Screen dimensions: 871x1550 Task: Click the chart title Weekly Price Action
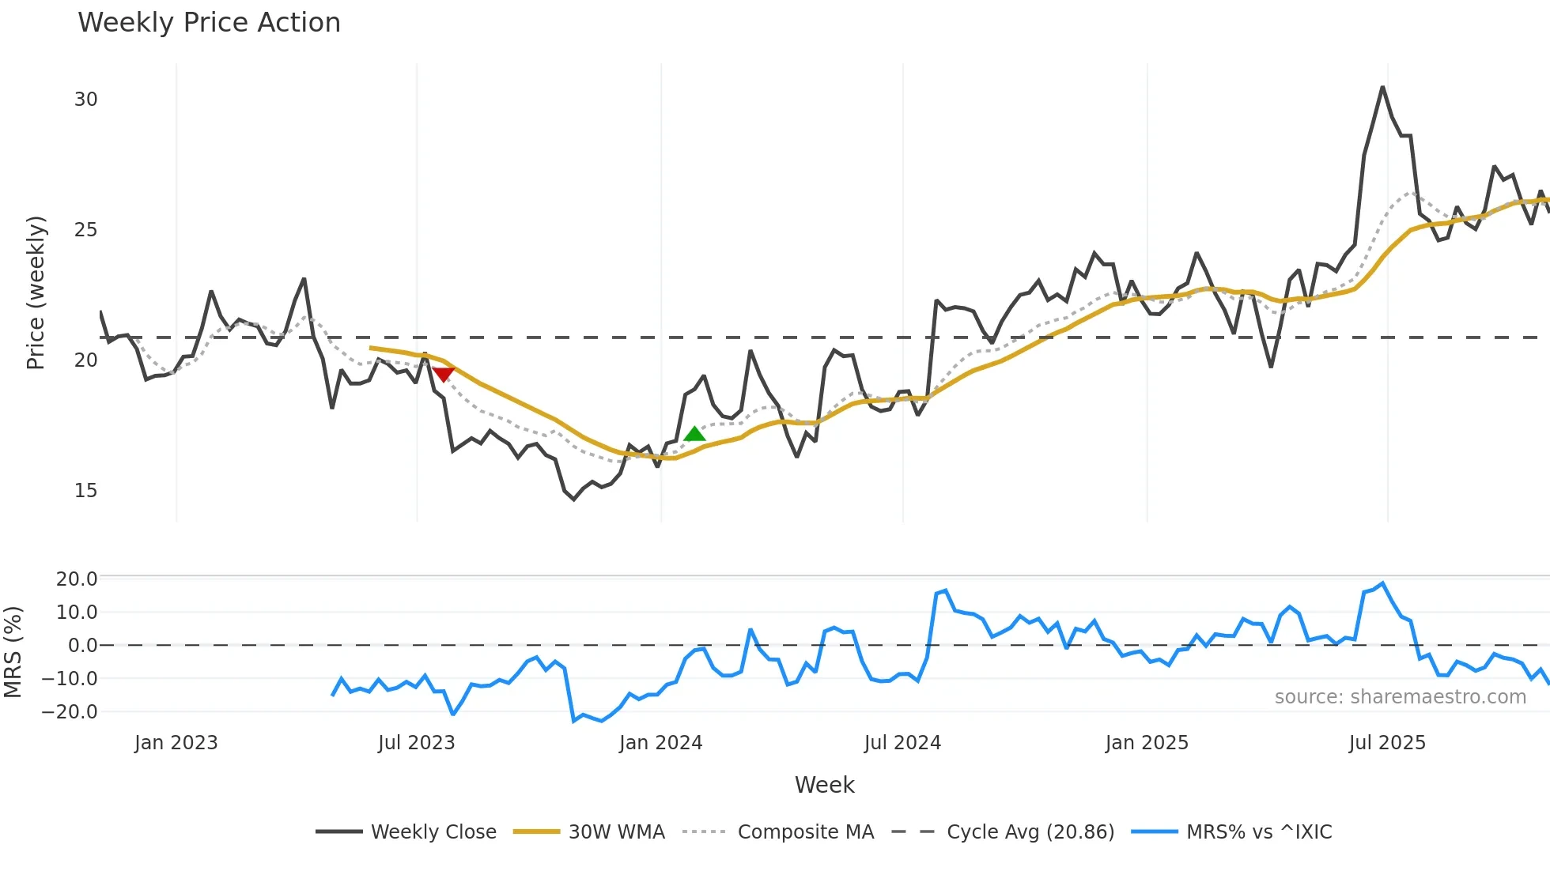209,23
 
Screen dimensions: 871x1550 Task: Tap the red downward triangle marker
443,373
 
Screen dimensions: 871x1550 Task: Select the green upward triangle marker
694,434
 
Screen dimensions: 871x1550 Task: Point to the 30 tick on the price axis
85,100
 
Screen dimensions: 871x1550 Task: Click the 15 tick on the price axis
85,491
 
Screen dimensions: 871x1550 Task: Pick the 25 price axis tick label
85,230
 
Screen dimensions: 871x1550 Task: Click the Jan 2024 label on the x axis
660,743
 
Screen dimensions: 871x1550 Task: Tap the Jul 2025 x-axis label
1387,743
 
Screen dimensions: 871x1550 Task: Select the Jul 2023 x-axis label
416,743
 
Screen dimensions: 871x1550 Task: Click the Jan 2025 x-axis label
1147,743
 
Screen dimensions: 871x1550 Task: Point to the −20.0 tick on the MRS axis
70,712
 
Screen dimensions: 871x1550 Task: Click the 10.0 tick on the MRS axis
76,613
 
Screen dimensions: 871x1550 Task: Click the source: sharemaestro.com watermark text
1400,697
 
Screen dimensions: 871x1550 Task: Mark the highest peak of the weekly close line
1382,87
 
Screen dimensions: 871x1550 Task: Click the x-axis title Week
824,785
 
